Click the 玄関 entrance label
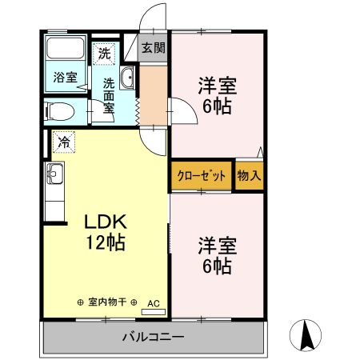click(154, 47)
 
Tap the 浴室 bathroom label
click(65, 78)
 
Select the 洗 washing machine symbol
click(105, 54)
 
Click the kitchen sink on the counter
click(54, 173)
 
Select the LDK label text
click(102, 221)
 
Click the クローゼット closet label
click(201, 177)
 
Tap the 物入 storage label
click(249, 177)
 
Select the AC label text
click(154, 302)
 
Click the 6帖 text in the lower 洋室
click(217, 266)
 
